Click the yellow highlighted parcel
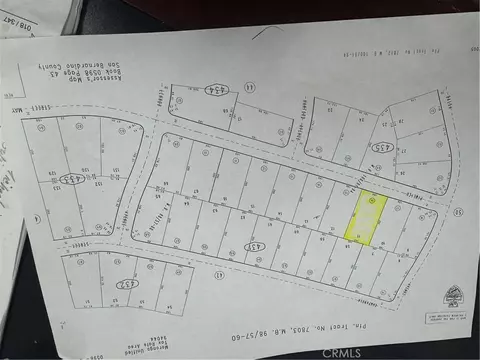[366, 217]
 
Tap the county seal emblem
[455, 295]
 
